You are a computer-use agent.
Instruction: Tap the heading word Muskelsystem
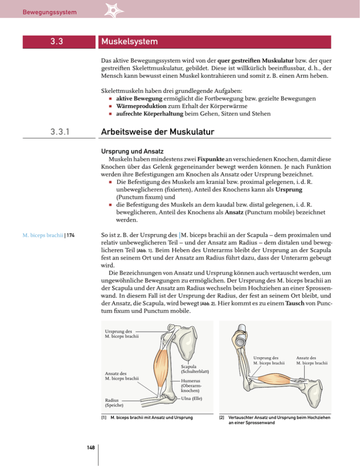click(128, 42)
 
